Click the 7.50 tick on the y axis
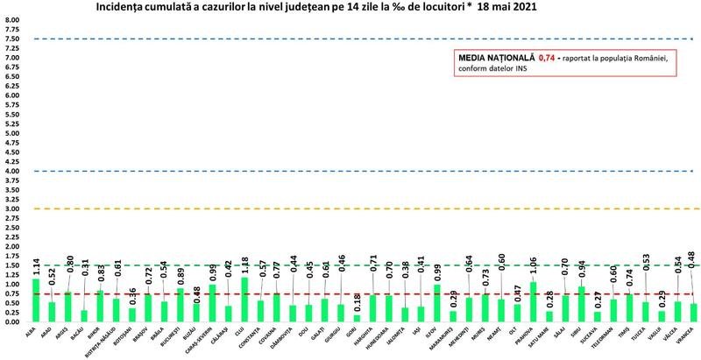[x=13, y=39]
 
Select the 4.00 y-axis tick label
[x=13, y=171]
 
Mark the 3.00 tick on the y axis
[x=13, y=208]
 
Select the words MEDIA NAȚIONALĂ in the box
[x=487, y=59]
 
